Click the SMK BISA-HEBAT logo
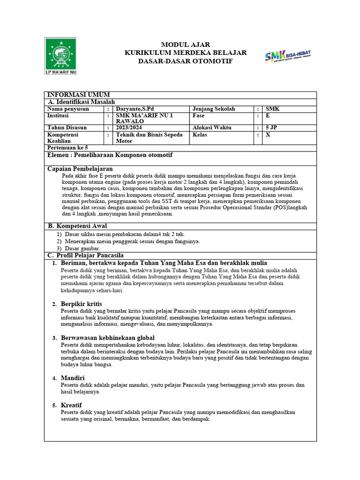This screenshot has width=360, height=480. tap(288, 56)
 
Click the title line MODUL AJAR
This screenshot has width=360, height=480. tap(186, 45)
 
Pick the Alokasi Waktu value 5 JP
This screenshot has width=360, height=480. tap(272, 127)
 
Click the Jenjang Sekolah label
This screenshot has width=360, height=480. tap(215, 109)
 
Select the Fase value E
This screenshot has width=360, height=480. tap(268, 116)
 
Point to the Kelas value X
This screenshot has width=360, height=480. tap(268, 135)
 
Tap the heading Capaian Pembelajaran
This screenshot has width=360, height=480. tap(80, 168)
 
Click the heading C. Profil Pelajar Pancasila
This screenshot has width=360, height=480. tap(86, 255)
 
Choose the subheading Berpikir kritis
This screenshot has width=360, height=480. tap(81, 304)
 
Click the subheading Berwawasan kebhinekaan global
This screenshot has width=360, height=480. tap(108, 337)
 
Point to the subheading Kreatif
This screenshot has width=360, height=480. tap(71, 405)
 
